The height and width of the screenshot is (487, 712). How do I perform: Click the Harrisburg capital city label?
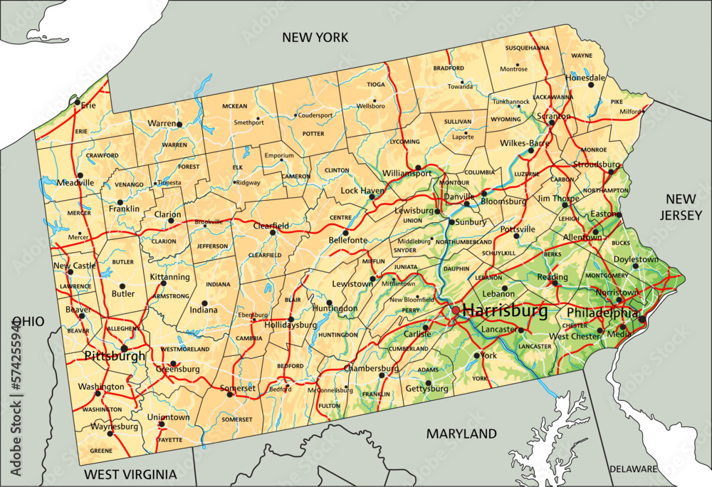[x=505, y=310]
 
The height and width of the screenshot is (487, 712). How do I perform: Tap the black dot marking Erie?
[x=77, y=102]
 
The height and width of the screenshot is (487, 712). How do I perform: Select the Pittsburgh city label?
[x=115, y=355]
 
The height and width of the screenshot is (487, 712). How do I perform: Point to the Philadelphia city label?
[x=602, y=313]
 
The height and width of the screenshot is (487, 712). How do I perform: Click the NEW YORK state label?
[x=315, y=37]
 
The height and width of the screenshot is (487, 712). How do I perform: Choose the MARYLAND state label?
[x=461, y=433]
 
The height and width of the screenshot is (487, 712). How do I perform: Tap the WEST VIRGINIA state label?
[x=130, y=474]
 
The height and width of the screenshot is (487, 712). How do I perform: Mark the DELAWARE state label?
[x=633, y=468]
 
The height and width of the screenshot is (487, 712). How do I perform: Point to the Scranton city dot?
[x=552, y=123]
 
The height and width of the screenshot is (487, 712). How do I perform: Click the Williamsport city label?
[x=407, y=172]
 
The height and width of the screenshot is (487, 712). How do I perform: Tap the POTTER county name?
[x=313, y=133]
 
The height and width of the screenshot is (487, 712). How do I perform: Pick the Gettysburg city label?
[x=426, y=389]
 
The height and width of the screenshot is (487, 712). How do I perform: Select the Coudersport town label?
[x=315, y=115]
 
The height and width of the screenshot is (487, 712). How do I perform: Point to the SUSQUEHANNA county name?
[x=527, y=48]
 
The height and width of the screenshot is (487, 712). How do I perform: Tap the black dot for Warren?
[x=179, y=124]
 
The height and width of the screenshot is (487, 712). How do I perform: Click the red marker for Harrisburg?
[x=456, y=310]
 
